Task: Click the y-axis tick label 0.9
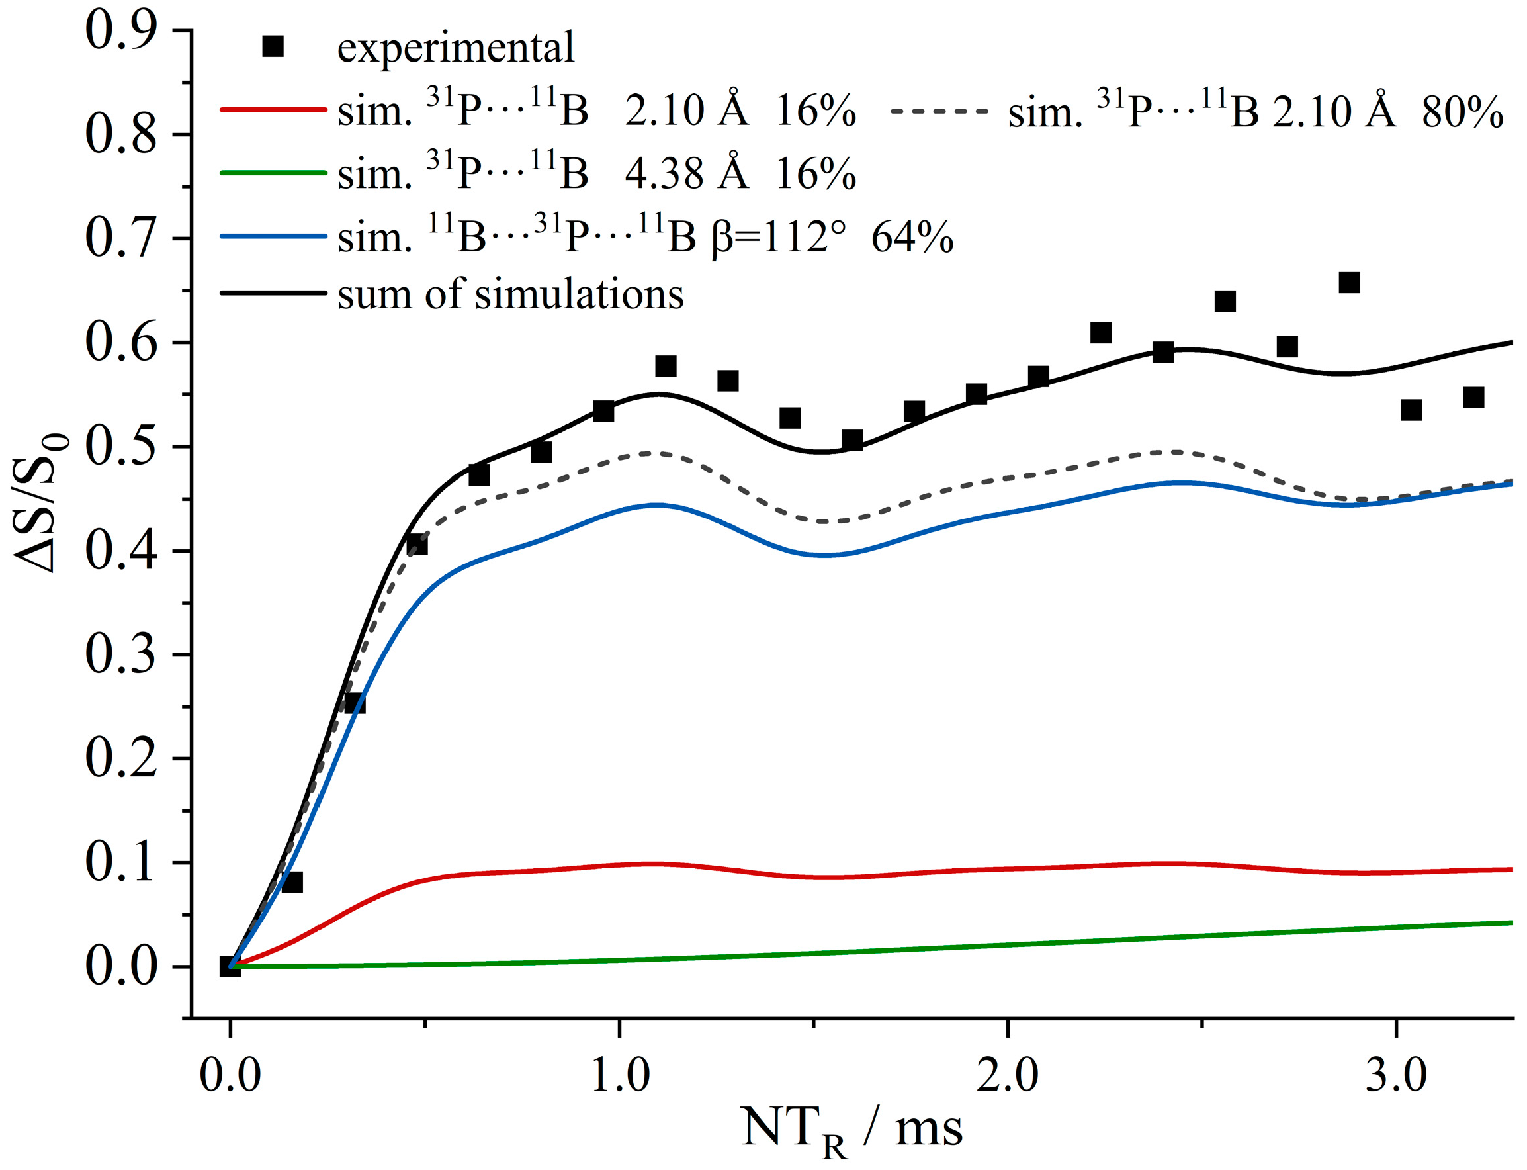coord(120,31)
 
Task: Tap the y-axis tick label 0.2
coord(120,758)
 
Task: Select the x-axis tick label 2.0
coord(1007,1075)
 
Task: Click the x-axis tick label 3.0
coord(1395,1075)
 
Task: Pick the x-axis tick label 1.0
coord(619,1075)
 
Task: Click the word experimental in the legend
coord(456,48)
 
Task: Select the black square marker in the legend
coord(273,47)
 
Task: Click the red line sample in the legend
coord(273,109)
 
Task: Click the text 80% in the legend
coord(1462,111)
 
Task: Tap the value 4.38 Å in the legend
coord(686,173)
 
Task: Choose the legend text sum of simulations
coord(510,294)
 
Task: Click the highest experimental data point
coord(1349,283)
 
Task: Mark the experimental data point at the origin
coord(230,967)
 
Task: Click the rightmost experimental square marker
coord(1473,398)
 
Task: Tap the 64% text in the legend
coord(912,237)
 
